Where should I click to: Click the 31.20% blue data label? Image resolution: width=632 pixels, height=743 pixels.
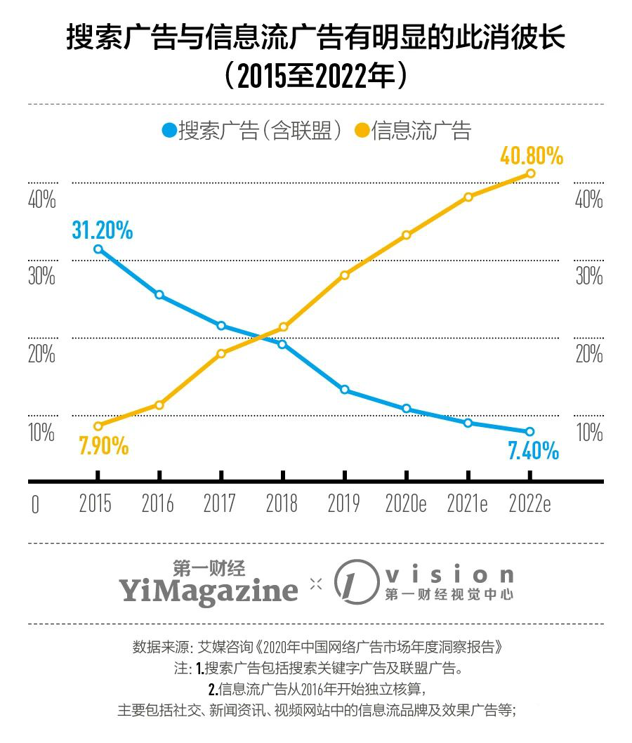[x=102, y=230]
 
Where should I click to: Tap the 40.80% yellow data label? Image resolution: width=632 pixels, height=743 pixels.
[x=532, y=156]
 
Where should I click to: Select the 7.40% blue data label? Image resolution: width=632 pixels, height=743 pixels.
[x=533, y=450]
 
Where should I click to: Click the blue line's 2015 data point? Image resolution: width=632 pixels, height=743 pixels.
[x=98, y=249]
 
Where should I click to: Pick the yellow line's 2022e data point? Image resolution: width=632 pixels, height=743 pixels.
[x=530, y=173]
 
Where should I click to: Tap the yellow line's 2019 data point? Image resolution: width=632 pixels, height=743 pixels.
[x=344, y=275]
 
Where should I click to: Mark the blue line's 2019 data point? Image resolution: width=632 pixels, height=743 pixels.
[x=344, y=390]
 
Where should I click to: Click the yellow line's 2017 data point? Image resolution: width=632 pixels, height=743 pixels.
[x=221, y=353]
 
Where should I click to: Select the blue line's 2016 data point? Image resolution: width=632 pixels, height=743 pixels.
[x=159, y=294]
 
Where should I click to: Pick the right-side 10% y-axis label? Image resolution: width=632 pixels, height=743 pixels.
[x=589, y=432]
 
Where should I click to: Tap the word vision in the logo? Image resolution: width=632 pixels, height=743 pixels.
[x=449, y=576]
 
